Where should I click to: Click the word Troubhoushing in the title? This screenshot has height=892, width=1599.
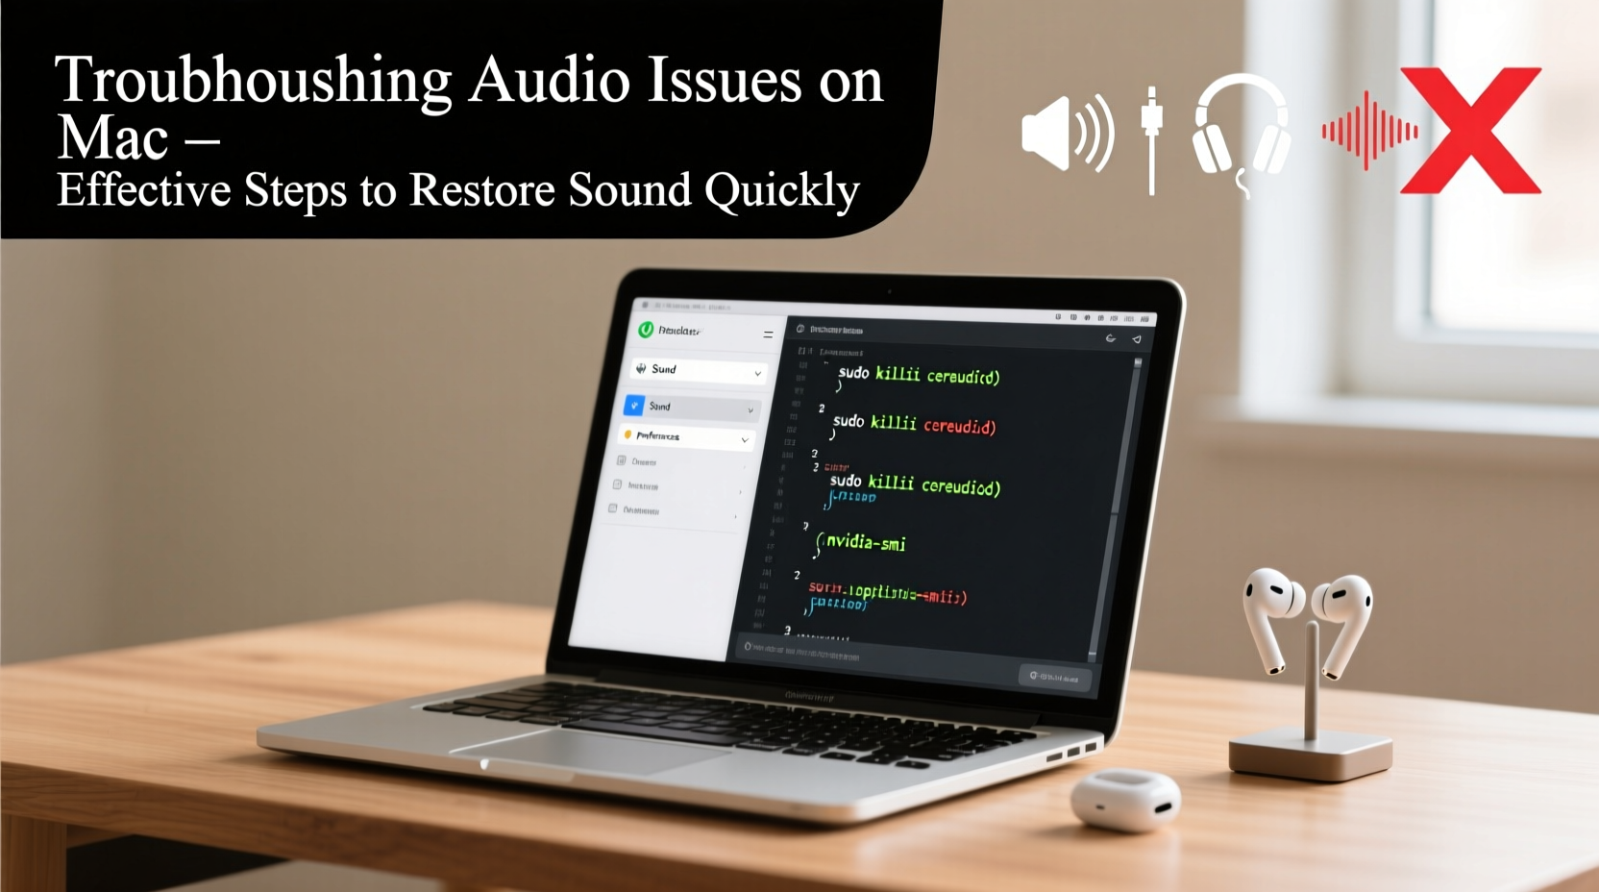point(253,81)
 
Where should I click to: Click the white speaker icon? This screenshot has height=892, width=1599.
point(1066,133)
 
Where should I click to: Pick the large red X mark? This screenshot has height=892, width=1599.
point(1470,131)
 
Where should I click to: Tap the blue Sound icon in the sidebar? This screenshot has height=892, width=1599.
point(634,406)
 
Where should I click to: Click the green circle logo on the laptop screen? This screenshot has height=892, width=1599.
point(646,330)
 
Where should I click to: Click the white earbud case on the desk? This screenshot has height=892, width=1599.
point(1125,799)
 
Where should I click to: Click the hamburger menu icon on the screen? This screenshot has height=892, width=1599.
point(768,334)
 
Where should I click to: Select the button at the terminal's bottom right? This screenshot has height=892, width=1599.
point(1054,677)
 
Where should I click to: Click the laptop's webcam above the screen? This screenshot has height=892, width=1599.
point(889,290)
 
